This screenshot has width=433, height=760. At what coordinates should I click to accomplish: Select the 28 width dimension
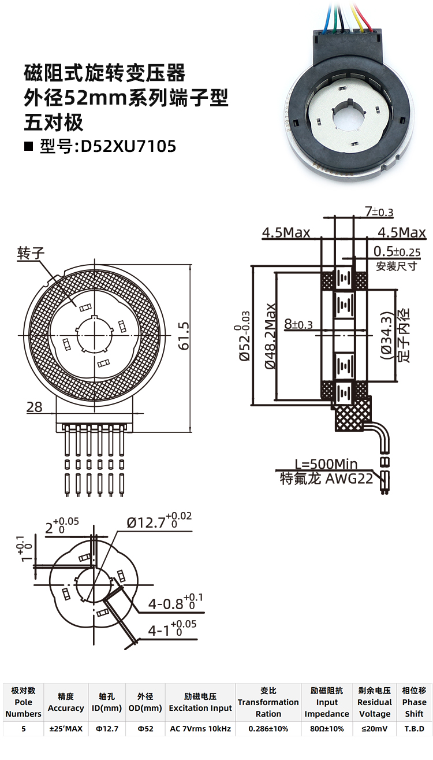tap(35, 407)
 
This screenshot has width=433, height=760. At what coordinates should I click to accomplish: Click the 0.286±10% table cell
tap(268, 729)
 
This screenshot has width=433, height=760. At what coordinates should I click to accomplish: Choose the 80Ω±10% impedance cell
tap(327, 729)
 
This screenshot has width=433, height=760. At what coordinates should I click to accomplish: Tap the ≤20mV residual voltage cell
tap(375, 729)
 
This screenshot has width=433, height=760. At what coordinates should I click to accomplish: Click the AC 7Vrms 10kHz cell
tap(200, 729)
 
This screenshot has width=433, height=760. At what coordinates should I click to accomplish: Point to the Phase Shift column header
tap(414, 702)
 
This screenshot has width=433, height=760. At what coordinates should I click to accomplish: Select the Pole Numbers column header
tap(24, 702)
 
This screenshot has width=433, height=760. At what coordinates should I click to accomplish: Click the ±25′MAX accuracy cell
tap(66, 729)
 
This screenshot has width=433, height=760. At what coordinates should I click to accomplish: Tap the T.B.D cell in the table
tap(414, 729)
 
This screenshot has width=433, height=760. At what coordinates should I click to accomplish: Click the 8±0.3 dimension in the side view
tap(298, 325)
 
